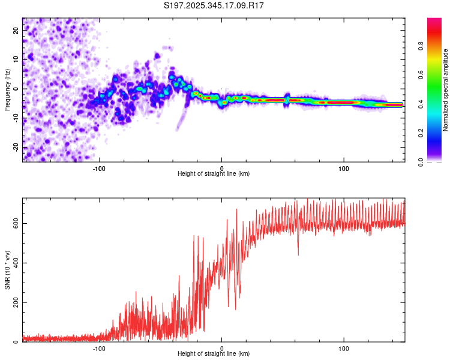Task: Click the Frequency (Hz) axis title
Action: pos(7,89)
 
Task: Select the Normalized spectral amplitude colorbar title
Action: pos(446,90)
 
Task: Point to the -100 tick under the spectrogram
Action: pos(99,167)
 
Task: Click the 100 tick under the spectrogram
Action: pos(344,167)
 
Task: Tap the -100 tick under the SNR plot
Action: pos(99,348)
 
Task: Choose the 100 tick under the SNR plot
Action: pos(344,348)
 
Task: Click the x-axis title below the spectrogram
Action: pos(214,174)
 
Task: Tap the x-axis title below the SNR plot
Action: pos(214,354)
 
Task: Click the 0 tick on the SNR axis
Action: pos(16,341)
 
